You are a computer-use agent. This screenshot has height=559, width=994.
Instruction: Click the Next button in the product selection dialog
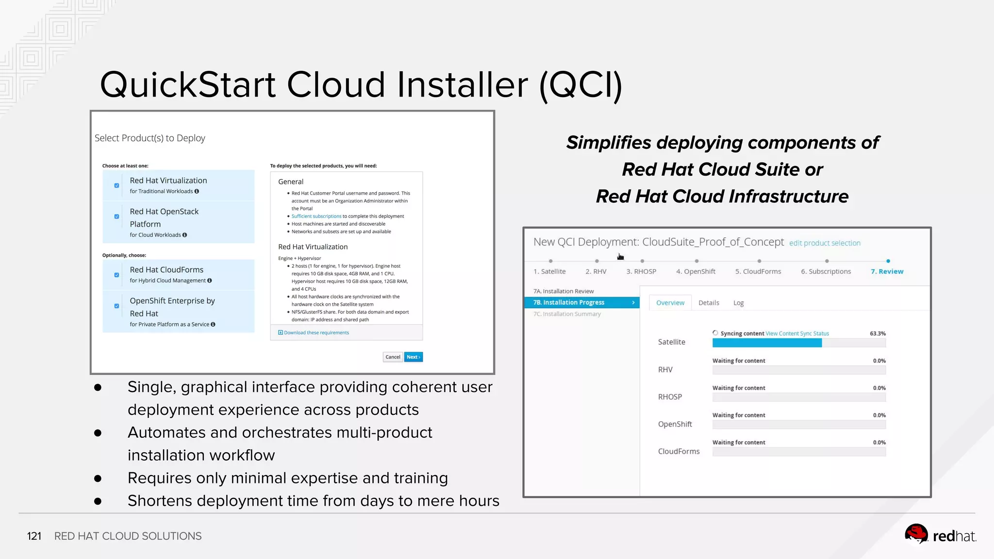click(x=413, y=357)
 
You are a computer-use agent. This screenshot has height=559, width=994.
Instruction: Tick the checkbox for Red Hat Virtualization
click(x=116, y=185)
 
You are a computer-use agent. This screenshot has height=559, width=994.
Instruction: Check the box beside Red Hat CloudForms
click(x=116, y=275)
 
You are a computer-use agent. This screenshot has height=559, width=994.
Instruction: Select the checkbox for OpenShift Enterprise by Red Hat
click(x=116, y=306)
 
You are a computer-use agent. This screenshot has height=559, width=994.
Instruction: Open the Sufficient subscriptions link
click(x=316, y=216)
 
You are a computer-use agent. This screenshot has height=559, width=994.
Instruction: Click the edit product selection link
click(x=825, y=243)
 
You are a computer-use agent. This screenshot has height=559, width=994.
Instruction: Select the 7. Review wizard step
click(x=887, y=271)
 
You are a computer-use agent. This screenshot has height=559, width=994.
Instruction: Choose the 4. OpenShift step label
click(x=696, y=271)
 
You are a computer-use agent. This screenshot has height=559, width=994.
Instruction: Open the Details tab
click(x=709, y=303)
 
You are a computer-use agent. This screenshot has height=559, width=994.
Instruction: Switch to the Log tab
click(x=738, y=303)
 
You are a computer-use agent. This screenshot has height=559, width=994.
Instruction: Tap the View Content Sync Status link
click(x=797, y=334)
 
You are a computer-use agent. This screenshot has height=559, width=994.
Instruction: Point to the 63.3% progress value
click(x=878, y=334)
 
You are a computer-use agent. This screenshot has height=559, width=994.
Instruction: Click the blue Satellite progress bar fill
click(x=767, y=343)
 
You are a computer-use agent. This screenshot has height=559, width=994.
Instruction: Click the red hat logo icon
click(x=916, y=535)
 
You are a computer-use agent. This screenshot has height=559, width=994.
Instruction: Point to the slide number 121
click(x=34, y=536)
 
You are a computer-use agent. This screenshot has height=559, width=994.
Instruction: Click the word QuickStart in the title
click(x=188, y=85)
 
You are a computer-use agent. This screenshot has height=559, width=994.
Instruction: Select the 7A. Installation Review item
click(x=563, y=291)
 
